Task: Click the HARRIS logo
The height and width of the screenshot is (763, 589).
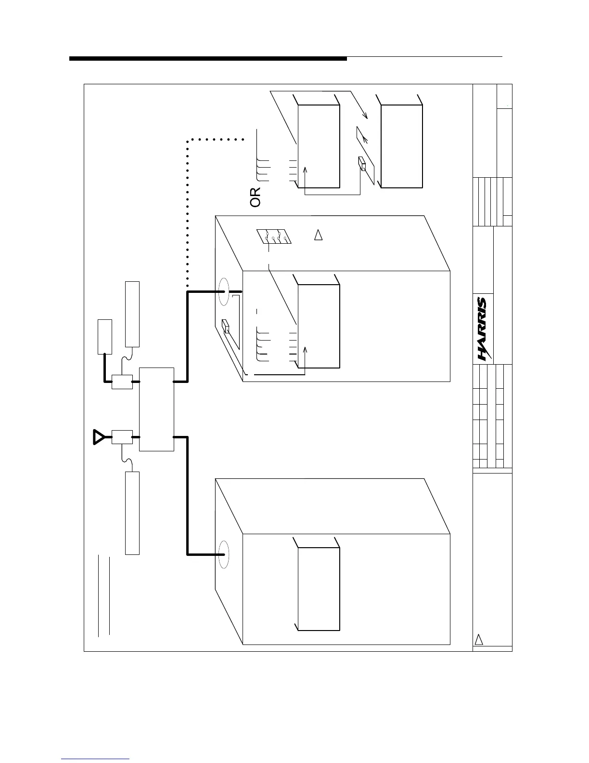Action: tap(482, 329)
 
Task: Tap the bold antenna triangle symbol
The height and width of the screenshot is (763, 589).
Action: tap(98, 437)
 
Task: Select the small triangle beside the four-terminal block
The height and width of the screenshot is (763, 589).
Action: tap(318, 236)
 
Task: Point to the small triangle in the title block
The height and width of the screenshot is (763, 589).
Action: tap(479, 640)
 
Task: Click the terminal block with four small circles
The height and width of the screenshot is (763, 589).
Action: tap(275, 237)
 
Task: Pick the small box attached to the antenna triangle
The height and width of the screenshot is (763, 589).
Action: tap(122, 437)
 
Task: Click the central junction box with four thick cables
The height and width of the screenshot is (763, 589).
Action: tap(156, 409)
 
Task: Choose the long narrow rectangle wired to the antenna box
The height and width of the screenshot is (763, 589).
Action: tap(132, 513)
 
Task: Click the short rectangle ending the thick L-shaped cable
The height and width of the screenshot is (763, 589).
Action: tap(105, 336)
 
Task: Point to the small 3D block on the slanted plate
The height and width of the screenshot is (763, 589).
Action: tap(362, 165)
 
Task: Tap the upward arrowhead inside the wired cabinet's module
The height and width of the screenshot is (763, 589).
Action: tap(305, 349)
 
